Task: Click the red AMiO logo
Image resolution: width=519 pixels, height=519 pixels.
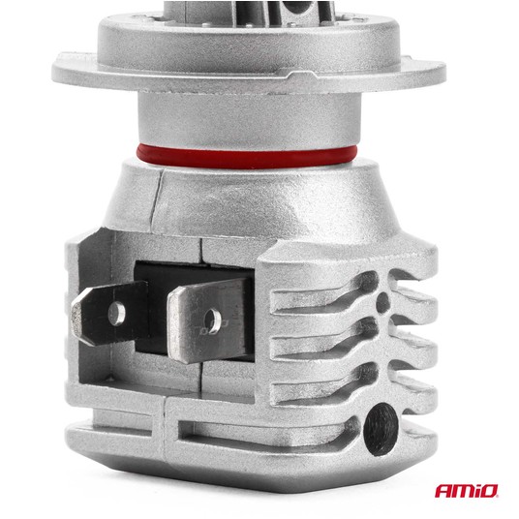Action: [x=467, y=491]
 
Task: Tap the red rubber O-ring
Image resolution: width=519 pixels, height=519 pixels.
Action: [x=247, y=156]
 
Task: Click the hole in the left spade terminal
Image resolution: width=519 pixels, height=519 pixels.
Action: [x=116, y=313]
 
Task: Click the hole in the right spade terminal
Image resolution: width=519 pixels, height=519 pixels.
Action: [x=212, y=321]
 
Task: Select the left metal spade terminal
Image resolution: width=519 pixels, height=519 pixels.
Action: [x=109, y=313]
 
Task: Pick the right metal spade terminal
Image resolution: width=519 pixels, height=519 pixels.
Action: [x=207, y=321]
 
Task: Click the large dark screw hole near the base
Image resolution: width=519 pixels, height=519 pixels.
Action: [x=381, y=429]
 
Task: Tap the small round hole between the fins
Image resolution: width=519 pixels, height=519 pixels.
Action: [x=382, y=302]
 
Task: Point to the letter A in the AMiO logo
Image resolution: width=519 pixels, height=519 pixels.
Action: [x=443, y=491]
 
